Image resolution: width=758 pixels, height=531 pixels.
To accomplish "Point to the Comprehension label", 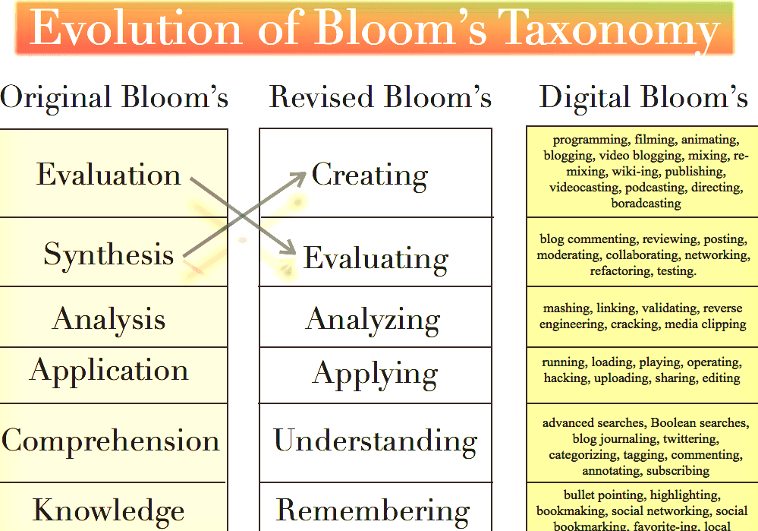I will (x=111, y=441).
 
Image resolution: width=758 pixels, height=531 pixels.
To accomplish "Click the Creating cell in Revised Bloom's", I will (x=370, y=175).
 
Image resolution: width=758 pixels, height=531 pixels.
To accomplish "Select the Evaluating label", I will (x=376, y=258).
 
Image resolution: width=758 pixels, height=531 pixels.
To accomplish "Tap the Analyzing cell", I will (x=373, y=319).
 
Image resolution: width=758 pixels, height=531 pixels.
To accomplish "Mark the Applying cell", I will (x=375, y=374).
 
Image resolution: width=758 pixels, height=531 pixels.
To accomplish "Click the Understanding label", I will (x=376, y=441).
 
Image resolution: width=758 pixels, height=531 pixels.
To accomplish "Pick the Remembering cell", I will (x=373, y=510).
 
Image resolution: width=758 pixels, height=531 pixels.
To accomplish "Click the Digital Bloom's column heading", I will (x=643, y=97).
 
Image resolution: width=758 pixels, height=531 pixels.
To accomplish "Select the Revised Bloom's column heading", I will (x=380, y=97).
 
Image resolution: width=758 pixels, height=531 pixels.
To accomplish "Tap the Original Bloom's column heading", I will (x=115, y=97).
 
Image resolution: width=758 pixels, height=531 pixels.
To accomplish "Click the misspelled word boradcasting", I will (x=646, y=203).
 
